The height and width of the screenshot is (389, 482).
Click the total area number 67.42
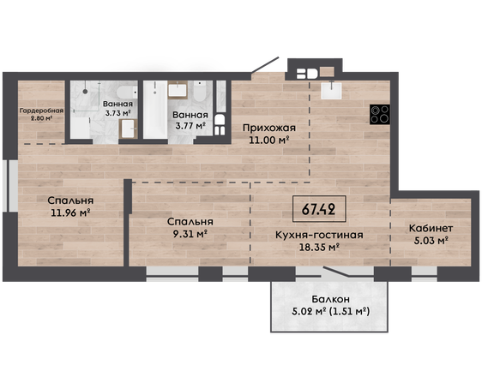tap(318, 209)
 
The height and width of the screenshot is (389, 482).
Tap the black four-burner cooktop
tap(380, 114)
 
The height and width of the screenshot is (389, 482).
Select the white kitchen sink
tap(331, 90)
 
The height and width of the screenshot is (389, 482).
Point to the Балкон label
tap(330, 299)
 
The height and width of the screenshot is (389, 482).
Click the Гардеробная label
tap(41, 111)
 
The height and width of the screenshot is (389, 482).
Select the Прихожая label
tap(269, 128)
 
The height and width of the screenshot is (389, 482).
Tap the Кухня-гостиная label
tap(319, 235)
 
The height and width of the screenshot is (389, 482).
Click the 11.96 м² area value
tap(70, 212)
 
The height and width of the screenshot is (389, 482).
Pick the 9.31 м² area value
tap(190, 234)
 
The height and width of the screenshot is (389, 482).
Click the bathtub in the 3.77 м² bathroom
tap(155, 110)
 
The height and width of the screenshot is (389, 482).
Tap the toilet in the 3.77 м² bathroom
tap(201, 91)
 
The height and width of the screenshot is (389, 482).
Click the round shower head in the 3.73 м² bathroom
tap(85, 91)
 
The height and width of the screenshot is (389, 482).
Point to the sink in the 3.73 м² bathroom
tap(128, 129)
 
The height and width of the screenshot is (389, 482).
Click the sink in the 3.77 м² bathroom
tap(178, 90)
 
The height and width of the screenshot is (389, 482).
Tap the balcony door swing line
tap(336, 272)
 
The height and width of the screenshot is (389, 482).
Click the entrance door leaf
tap(265, 65)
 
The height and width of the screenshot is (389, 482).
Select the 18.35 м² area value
tap(319, 247)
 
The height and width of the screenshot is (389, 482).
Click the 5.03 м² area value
tap(431, 241)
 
